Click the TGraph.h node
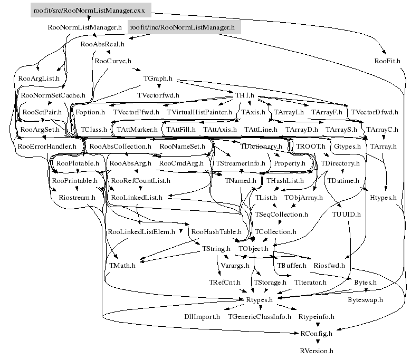pos(158,79)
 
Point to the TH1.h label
pos(245,95)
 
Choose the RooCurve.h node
pos(112,61)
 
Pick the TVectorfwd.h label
pos(158,95)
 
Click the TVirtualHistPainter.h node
pos(199,112)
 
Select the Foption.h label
pos(90,112)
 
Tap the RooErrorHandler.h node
pos(47,146)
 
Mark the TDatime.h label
pos(343,180)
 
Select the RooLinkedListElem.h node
pos(141,231)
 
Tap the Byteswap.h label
pos(365,299)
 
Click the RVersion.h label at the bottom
pos(317,350)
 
